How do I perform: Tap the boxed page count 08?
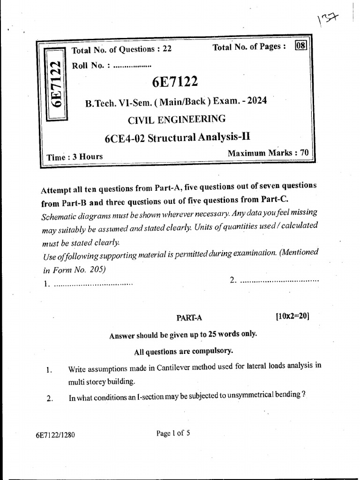pos(300,46)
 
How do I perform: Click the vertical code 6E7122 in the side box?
pos(55,85)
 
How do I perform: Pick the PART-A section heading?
pos(189,317)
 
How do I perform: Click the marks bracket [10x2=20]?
pos(293,316)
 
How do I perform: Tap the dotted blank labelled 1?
pos(94,284)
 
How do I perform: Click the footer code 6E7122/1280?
pos(55,435)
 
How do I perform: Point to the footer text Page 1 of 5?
pos(173,433)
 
